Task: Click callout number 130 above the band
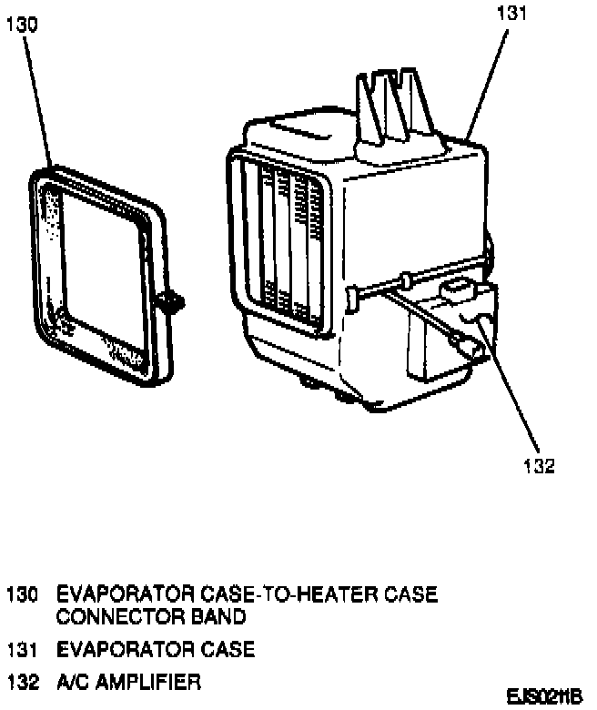pos(22,26)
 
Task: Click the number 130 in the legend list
pos(23,595)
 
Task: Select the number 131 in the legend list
pos(23,651)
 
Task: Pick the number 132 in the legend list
pos(23,681)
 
